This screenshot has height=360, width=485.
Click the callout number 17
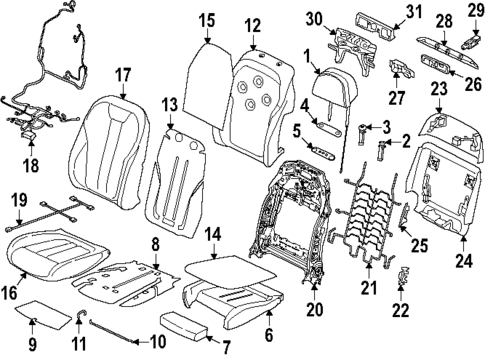tap(123, 73)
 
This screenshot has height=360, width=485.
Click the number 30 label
tap(314, 18)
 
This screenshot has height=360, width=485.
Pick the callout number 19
tap(17, 199)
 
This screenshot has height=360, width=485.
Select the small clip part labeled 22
tap(404, 281)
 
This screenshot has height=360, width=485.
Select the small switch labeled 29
tap(468, 45)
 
